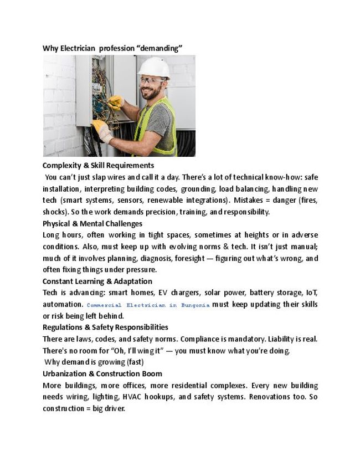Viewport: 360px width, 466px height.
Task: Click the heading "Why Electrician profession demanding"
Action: tap(113, 48)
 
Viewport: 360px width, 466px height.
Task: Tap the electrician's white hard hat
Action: tap(153, 68)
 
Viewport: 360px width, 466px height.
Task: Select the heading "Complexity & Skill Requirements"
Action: tap(98, 165)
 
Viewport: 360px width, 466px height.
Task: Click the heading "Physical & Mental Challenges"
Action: tap(92, 223)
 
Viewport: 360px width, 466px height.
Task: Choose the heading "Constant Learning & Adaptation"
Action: tap(97, 281)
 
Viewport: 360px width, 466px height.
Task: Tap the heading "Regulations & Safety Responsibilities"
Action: tap(105, 327)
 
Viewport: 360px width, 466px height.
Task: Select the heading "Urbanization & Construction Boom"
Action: tap(102, 374)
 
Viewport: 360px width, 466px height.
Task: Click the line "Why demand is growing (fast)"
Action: tap(94, 362)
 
